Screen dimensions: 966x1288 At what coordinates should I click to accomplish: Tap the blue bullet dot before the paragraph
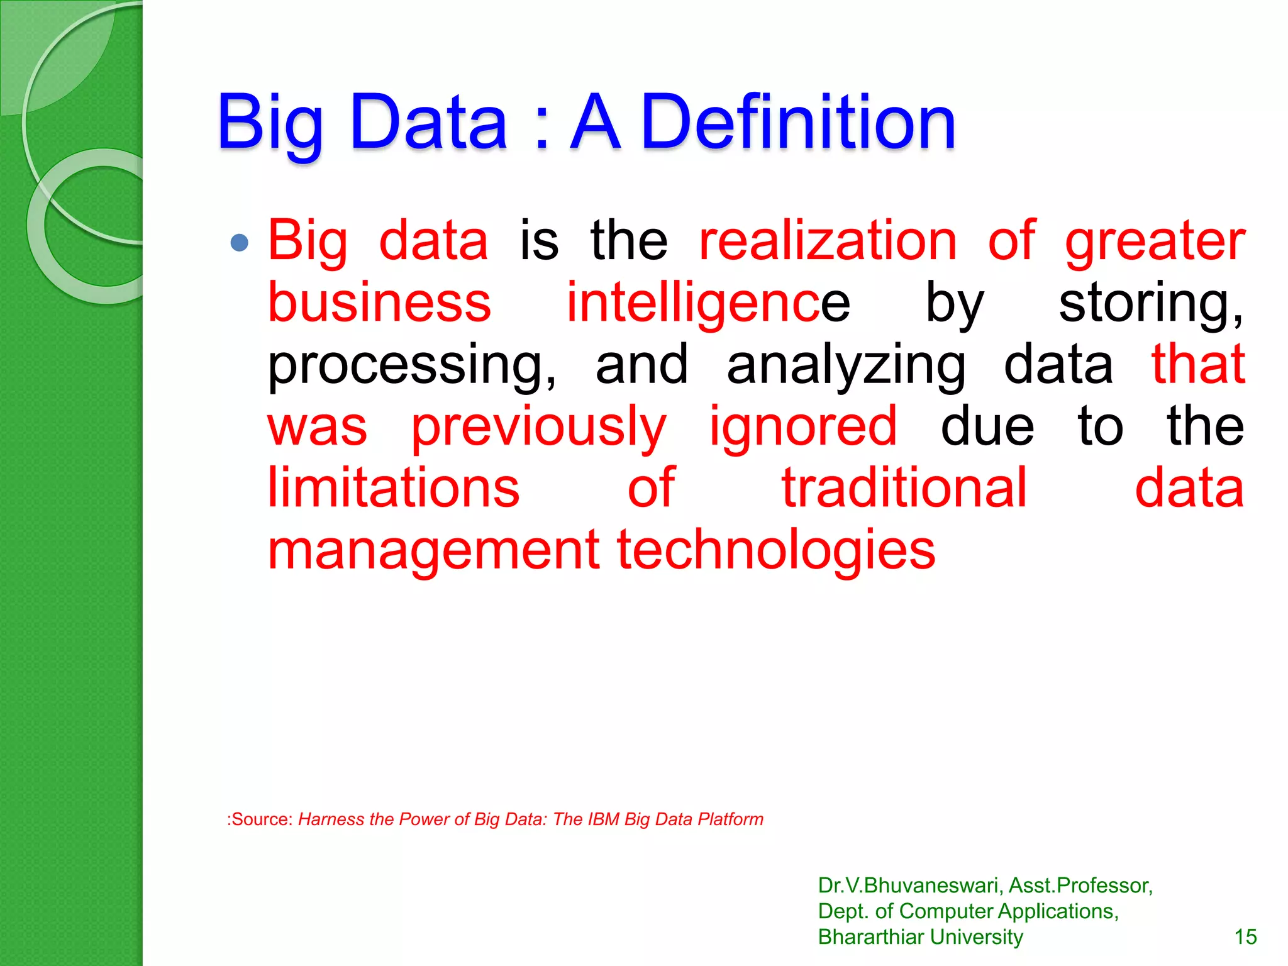coord(240,243)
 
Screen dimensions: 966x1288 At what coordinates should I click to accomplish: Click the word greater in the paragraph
coord(1155,242)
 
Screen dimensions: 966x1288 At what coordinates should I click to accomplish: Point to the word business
coord(379,303)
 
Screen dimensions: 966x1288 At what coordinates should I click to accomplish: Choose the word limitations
coord(394,488)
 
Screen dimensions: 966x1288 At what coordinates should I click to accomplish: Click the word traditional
coord(904,488)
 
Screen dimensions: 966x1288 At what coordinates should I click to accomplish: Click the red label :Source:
coord(260,819)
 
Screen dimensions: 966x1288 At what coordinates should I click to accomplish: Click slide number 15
coord(1245,937)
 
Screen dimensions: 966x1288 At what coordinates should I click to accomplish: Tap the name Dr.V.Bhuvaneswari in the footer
coord(910,885)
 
